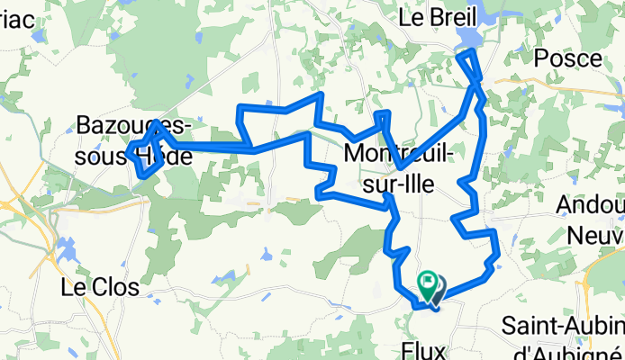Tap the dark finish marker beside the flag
(437, 288)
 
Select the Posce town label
(567, 58)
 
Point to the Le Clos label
(99, 288)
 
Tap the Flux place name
(423, 347)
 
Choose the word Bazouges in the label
(119, 124)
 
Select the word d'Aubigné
(558, 346)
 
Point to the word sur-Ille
(394, 184)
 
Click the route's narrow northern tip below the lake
(468, 58)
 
